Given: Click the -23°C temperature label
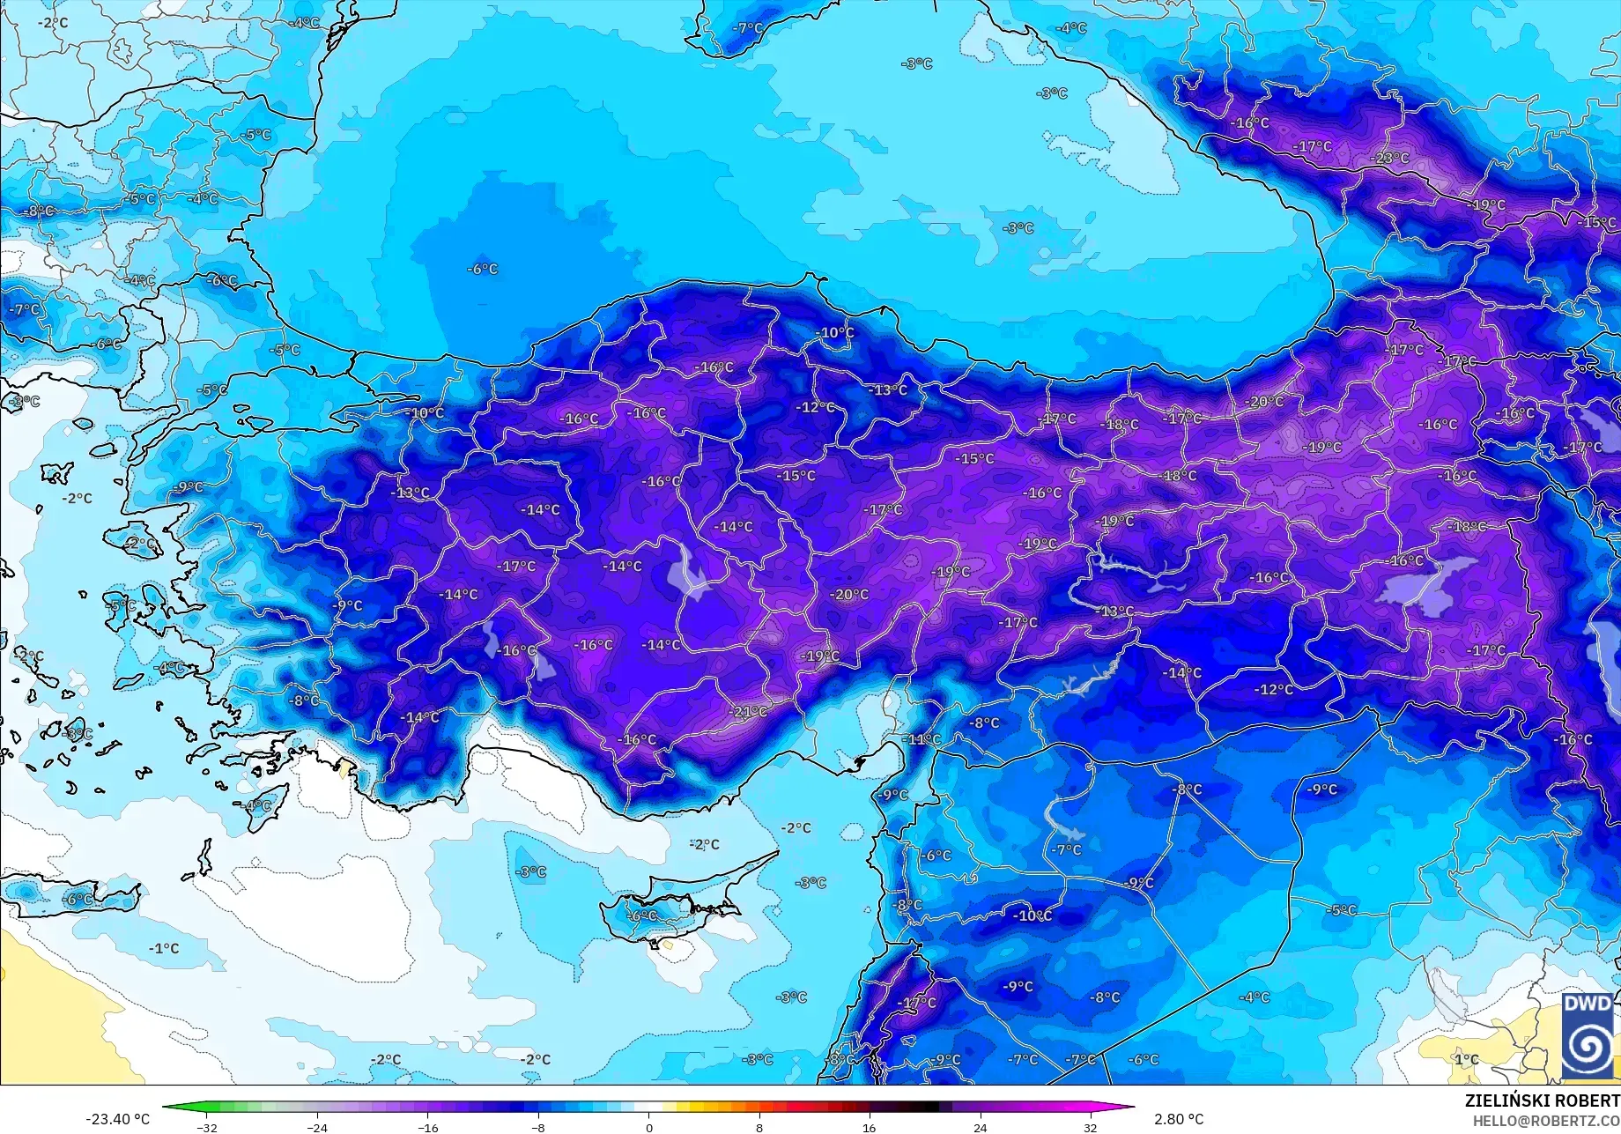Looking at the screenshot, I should (x=1391, y=159).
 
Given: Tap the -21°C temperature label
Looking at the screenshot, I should (x=750, y=712).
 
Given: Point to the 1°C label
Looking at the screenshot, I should (x=1466, y=1059).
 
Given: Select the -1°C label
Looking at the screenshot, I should (x=165, y=948).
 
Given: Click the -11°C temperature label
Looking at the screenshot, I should (x=923, y=739).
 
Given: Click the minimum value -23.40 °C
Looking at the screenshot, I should (x=117, y=1119).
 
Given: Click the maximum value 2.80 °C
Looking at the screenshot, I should (x=1179, y=1119).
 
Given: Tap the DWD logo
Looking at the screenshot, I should (x=1588, y=1035).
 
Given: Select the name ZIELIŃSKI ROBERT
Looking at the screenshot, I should (x=1542, y=1101).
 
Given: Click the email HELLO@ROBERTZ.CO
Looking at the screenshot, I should (x=1546, y=1120).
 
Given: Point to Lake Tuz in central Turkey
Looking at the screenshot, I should (x=687, y=573).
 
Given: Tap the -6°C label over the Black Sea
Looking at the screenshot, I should (x=483, y=269).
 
